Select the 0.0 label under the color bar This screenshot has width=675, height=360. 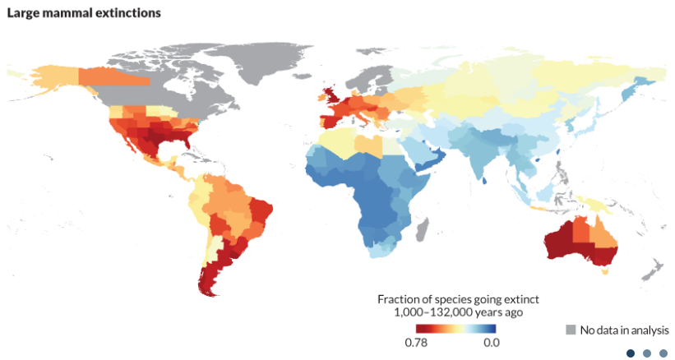[x=490, y=342]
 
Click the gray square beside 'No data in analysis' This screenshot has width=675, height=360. [x=570, y=330]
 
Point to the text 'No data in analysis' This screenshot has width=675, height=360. [x=624, y=330]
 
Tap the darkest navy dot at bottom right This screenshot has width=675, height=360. [x=631, y=353]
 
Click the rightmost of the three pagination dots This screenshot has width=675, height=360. [x=663, y=353]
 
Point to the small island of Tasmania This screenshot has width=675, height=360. [x=607, y=272]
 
